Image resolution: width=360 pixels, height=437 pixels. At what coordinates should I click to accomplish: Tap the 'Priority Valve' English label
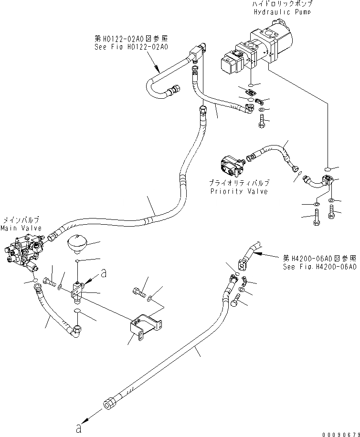click(x=239, y=191)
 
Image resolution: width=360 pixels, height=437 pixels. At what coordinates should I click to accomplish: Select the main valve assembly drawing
click(x=24, y=253)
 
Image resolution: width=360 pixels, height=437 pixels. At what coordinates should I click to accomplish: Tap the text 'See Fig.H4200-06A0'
click(x=319, y=267)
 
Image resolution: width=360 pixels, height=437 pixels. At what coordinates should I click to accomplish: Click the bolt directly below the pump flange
click(x=261, y=123)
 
